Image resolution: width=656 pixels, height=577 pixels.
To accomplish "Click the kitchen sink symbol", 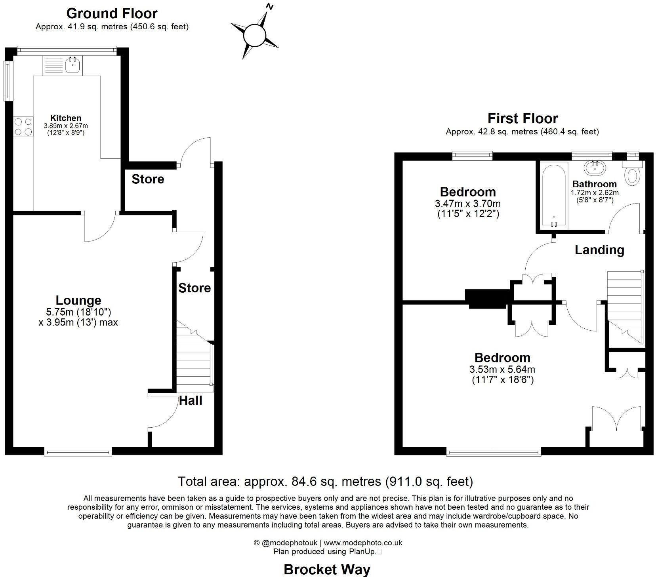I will [x=63, y=66].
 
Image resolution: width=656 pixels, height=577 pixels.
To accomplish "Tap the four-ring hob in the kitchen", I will [x=23, y=127].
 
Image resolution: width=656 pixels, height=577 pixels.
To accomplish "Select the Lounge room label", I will [x=78, y=301].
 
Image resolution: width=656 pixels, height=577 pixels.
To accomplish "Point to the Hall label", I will [x=191, y=401].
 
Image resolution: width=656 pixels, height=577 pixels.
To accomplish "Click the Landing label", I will [x=599, y=250].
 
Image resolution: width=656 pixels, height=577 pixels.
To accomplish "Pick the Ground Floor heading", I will [x=112, y=13].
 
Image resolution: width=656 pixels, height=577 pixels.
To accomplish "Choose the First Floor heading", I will [x=523, y=118].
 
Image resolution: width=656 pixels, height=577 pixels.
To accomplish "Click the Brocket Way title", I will [x=327, y=569].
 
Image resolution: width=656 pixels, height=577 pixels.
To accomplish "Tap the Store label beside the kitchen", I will [x=147, y=179].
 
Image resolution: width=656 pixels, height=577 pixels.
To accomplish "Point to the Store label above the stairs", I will [x=194, y=288].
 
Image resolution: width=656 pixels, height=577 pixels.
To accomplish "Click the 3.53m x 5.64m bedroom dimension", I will [x=502, y=369].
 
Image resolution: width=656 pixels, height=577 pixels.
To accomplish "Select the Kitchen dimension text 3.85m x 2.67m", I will [x=66, y=126].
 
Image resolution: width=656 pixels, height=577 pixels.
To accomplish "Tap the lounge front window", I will [x=78, y=451].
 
